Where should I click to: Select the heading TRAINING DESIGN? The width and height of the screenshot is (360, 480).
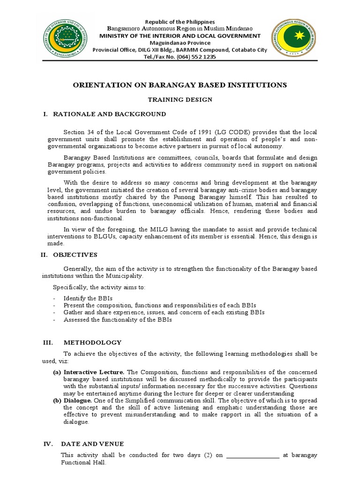180,99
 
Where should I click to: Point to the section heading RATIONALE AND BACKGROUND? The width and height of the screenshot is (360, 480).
109,114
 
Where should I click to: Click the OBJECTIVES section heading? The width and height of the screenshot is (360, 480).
75,255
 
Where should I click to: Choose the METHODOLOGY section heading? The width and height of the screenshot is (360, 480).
92,343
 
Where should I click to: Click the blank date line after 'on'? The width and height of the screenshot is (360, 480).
253,455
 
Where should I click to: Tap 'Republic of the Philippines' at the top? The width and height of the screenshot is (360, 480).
180,22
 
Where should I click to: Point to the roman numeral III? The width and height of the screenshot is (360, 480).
47,343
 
